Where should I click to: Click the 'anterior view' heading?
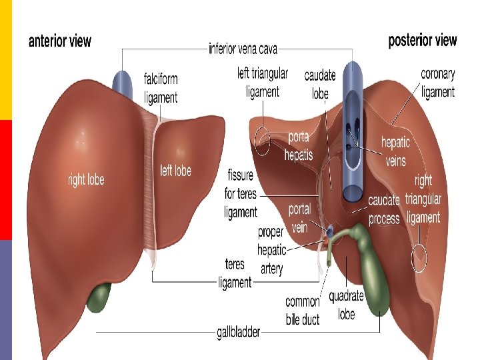[x=60, y=41]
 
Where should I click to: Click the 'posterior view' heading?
[x=423, y=40]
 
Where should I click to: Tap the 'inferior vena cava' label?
[x=243, y=48]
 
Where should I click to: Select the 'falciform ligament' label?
[x=161, y=87]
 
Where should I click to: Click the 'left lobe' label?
[x=176, y=170]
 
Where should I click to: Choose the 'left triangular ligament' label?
[x=263, y=82]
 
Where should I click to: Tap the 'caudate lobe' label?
[x=320, y=84]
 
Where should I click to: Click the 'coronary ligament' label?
[x=438, y=82]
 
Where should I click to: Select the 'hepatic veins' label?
[x=395, y=151]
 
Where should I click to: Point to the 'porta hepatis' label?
[x=298, y=146]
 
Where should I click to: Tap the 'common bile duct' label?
[x=303, y=311]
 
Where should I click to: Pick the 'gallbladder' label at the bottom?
[x=238, y=331]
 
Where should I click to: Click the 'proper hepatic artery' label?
[x=271, y=250]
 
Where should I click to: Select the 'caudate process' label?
[x=384, y=209]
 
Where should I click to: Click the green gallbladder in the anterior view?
[x=99, y=298]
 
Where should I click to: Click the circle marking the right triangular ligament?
[x=419, y=258]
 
